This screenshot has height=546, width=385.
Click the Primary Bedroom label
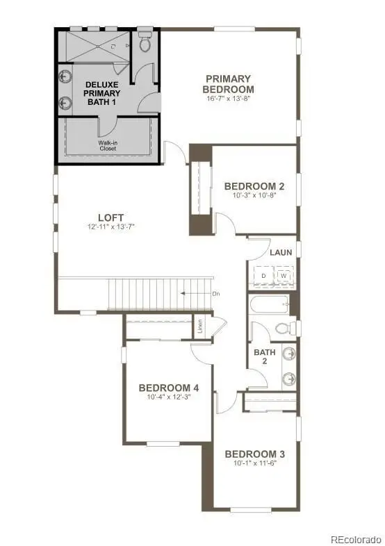228,83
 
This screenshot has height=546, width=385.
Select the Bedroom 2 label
254,186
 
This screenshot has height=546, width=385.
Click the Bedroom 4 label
169,388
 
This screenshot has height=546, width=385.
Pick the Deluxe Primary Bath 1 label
101,92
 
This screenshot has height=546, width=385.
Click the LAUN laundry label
281,252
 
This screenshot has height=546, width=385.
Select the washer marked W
284,276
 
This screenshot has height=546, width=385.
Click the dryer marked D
263,276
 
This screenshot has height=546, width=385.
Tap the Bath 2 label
264,356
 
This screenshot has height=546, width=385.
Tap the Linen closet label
200,326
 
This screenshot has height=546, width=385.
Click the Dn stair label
216,294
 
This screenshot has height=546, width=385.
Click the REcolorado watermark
356,539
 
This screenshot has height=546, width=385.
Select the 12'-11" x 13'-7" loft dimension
110,227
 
